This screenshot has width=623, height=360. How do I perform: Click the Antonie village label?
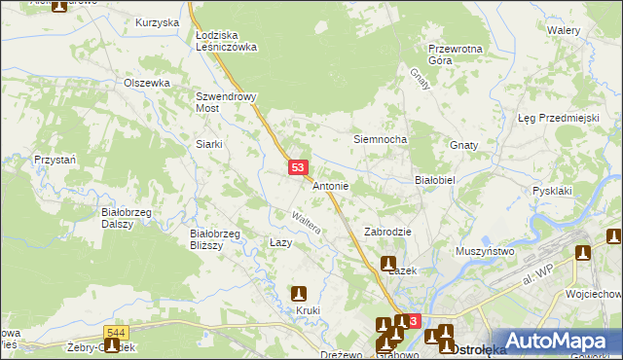coord(331,186)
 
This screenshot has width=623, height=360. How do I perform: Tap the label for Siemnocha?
coord(379,140)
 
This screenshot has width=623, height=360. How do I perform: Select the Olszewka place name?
coord(147,84)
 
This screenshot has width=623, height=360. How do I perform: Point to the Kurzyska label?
coord(158,22)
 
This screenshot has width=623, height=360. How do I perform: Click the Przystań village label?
coord(54,160)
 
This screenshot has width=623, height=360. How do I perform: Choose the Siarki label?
coord(209,144)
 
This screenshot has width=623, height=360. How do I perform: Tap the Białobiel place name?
coord(435,181)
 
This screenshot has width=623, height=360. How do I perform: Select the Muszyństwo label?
coord(485,251)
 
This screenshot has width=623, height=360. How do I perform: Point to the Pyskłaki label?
coord(552,191)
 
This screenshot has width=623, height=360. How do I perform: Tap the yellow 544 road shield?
coord(116,334)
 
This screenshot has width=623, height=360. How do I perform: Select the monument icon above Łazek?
coord(388,264)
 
